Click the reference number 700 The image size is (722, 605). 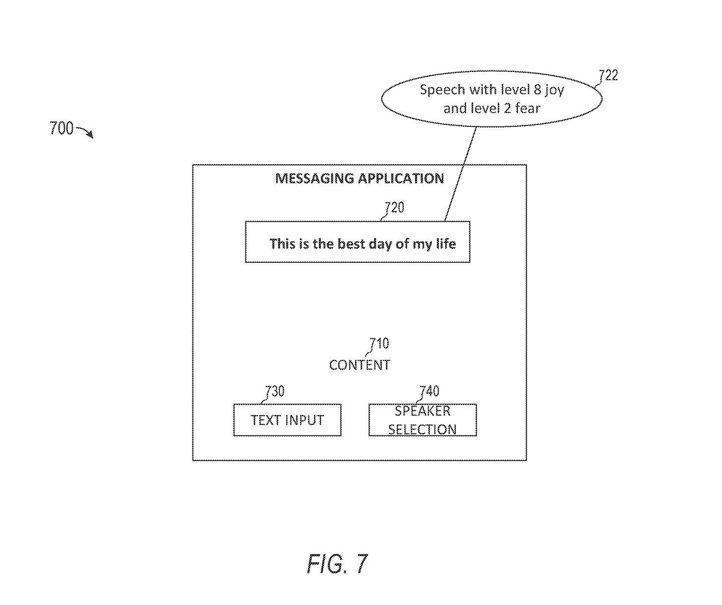(x=61, y=128)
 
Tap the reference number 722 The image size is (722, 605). (x=608, y=75)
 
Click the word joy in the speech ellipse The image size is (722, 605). (x=554, y=90)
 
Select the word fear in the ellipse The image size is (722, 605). (x=528, y=108)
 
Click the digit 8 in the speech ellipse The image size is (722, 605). (x=537, y=90)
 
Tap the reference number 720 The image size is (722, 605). (x=394, y=207)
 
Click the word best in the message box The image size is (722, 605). (x=351, y=244)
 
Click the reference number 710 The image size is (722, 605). (x=379, y=343)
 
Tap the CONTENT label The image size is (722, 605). (x=360, y=365)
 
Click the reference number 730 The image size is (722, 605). (x=275, y=391)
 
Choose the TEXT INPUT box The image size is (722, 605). (x=287, y=420)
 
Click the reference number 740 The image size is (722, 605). (x=429, y=391)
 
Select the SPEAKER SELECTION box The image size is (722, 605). (x=422, y=420)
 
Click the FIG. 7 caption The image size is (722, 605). (x=337, y=563)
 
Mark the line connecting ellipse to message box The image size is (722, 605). (x=461, y=174)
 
